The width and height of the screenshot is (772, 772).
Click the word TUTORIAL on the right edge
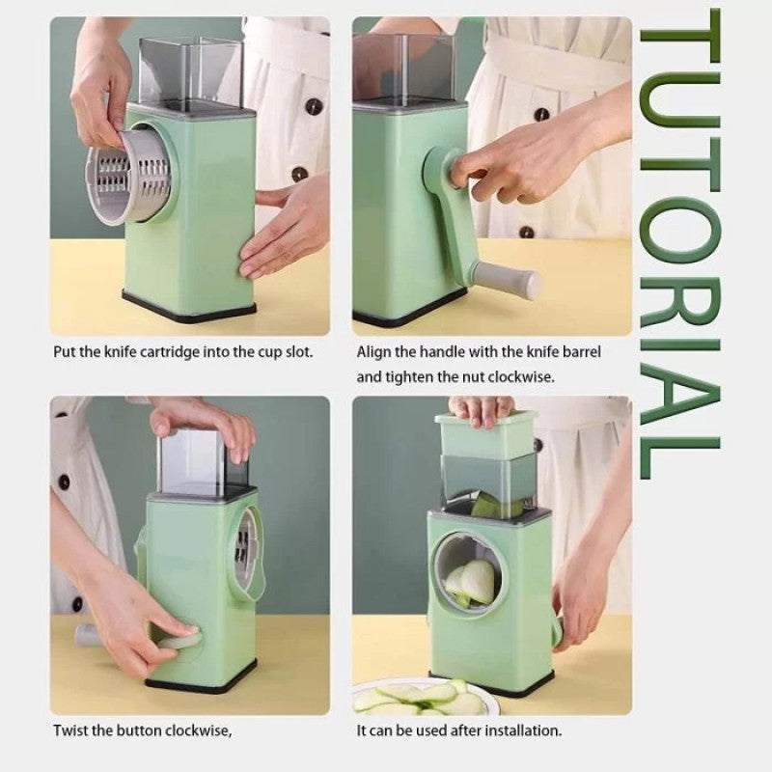coord(680,246)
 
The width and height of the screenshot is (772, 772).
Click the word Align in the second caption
coord(374,352)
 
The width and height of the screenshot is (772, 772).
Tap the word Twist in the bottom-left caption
coord(70,731)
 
